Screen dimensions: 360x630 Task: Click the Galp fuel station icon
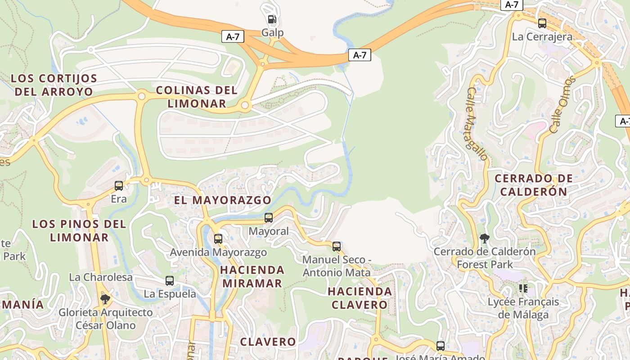click(272, 19)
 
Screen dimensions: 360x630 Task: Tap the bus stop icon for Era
click(119, 185)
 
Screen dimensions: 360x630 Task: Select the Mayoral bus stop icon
click(269, 218)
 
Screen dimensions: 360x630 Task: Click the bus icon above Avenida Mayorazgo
click(218, 238)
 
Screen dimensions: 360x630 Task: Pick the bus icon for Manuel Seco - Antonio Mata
click(337, 246)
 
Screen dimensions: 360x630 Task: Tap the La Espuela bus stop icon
click(170, 280)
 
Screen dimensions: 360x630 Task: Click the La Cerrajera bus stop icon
click(542, 23)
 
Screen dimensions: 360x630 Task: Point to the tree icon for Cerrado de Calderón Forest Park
click(485, 238)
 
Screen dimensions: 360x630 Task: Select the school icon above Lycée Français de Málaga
click(523, 288)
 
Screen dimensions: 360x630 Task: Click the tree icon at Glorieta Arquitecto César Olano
click(105, 299)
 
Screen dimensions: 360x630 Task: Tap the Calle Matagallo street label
click(477, 124)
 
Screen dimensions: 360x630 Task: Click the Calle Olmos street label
click(562, 104)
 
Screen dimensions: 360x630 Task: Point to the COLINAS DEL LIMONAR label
click(197, 97)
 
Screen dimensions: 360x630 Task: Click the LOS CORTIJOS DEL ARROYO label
click(54, 85)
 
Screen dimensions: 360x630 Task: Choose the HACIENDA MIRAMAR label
click(252, 276)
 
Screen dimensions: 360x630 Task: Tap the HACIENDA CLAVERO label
click(360, 298)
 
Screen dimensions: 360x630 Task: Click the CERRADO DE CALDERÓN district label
click(534, 185)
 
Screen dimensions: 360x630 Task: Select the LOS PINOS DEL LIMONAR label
click(79, 230)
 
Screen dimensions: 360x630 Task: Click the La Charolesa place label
click(101, 277)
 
